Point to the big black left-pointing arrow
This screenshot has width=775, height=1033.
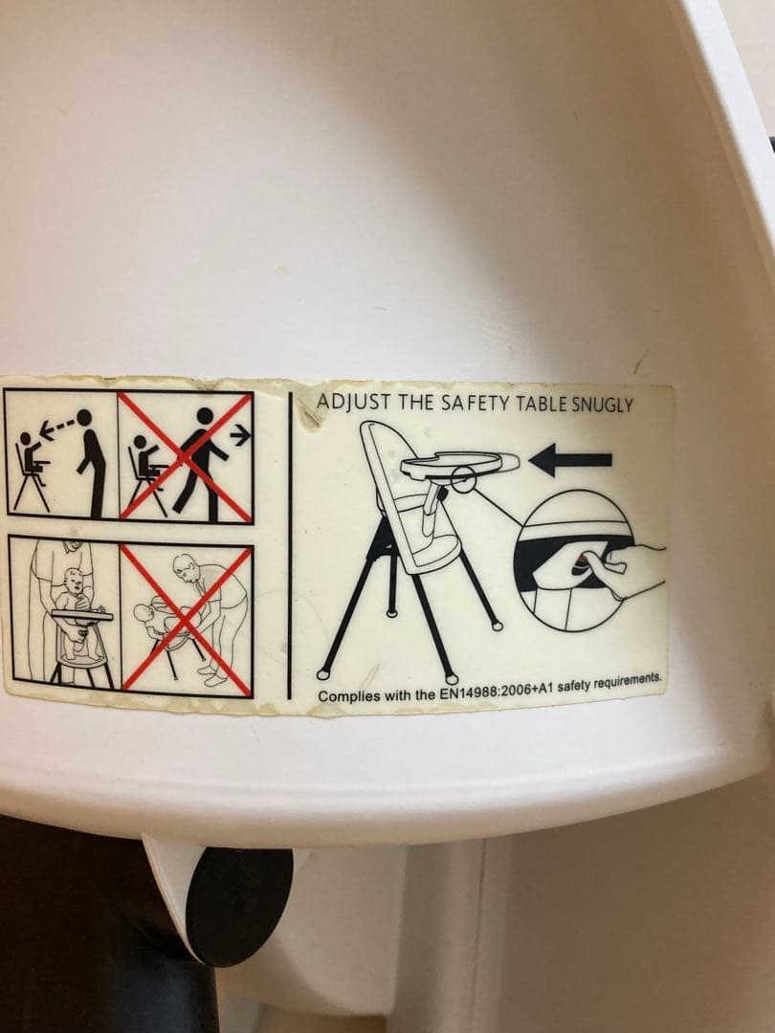[x=570, y=459]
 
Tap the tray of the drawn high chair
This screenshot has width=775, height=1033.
[x=458, y=463]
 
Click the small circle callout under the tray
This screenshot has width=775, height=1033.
[x=463, y=480]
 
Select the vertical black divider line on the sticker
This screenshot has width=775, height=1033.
[x=289, y=544]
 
